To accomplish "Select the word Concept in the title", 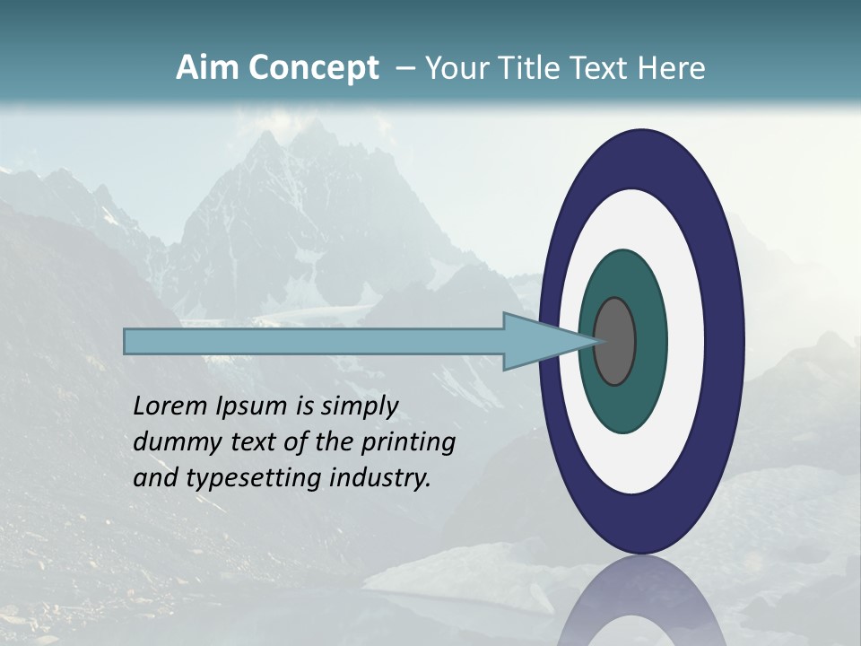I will (313, 69).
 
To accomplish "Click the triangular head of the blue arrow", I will (538, 341).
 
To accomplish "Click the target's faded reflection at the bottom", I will (640, 606).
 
